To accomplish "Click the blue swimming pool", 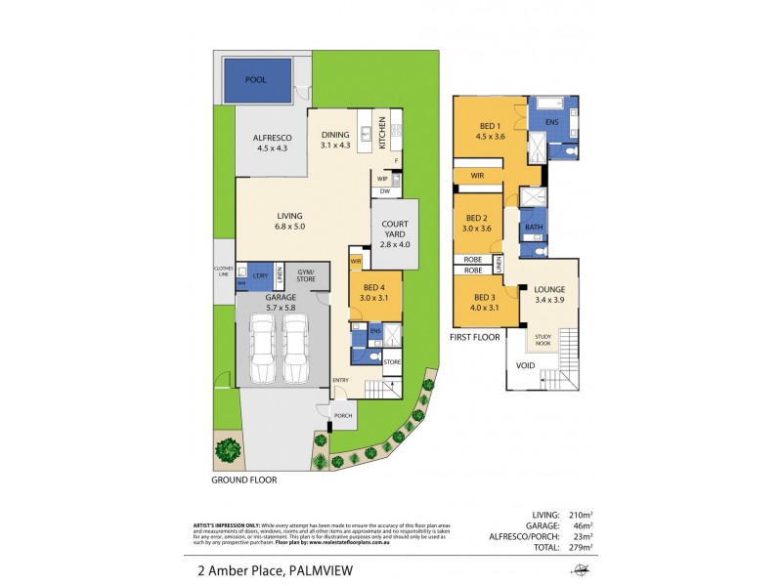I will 258,79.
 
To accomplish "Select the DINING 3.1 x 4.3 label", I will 334,140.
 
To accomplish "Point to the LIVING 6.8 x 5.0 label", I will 290,221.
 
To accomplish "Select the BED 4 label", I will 375,290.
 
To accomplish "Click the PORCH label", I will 343,416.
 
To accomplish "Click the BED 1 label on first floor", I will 491,131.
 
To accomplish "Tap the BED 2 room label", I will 477,223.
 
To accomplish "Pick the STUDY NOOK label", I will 543,339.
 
